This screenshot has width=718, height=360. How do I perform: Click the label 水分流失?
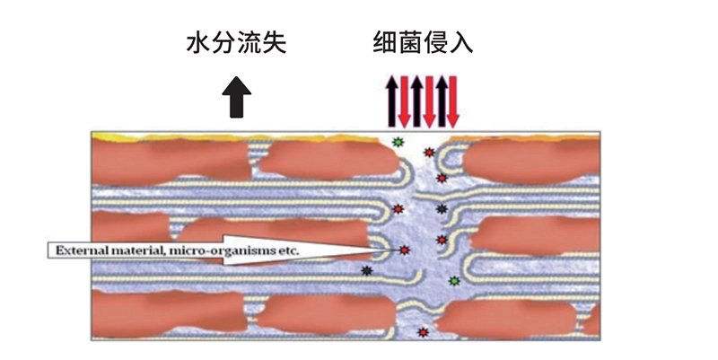(236, 43)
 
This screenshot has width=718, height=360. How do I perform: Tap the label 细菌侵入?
(423, 43)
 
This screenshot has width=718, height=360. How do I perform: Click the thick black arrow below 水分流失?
(236, 97)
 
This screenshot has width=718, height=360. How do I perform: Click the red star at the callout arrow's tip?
(404, 250)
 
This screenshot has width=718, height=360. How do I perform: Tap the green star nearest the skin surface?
(398, 142)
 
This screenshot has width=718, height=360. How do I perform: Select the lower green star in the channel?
(454, 281)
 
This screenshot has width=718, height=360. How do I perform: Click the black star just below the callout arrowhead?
(366, 271)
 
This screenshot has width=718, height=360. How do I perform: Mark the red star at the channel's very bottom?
(423, 332)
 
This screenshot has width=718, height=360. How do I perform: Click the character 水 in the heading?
(198, 43)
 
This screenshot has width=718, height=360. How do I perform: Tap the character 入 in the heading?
(461, 43)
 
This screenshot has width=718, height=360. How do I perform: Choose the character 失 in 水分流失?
(275, 43)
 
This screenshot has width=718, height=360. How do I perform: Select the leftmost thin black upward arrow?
(391, 101)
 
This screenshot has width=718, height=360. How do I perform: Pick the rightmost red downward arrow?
(452, 101)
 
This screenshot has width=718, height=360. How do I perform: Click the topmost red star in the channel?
(429, 153)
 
